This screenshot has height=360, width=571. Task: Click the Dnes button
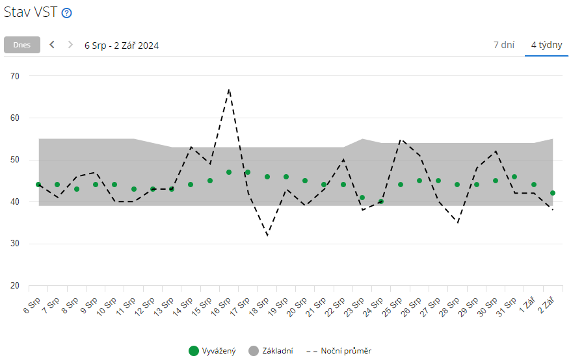tap(22, 45)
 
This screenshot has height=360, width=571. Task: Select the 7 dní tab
tap(504, 45)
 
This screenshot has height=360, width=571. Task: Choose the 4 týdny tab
tap(546, 45)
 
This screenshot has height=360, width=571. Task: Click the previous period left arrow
tap(52, 45)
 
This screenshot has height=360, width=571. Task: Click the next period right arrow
tap(70, 45)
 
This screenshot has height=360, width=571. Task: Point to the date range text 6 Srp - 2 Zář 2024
tap(122, 45)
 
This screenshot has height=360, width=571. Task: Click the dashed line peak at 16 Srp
tap(229, 89)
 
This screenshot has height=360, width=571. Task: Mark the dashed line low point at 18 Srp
tap(267, 235)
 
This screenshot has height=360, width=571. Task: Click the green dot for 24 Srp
tap(381, 201)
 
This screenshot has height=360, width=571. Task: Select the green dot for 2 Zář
tap(553, 193)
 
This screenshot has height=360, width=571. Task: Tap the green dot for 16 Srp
tap(229, 172)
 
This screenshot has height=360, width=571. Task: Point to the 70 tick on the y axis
tap(16, 76)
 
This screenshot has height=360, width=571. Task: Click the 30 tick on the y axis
tap(16, 244)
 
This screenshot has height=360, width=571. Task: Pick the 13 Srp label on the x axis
tap(165, 306)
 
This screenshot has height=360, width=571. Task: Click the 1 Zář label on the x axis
tap(527, 305)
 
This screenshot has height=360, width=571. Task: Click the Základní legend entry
tap(271, 351)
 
